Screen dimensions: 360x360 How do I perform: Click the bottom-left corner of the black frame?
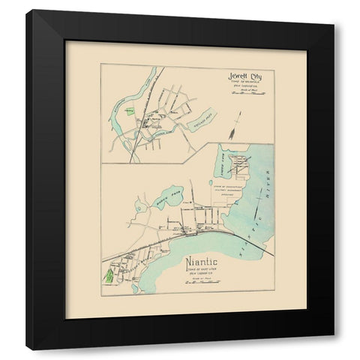tap(28, 348)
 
